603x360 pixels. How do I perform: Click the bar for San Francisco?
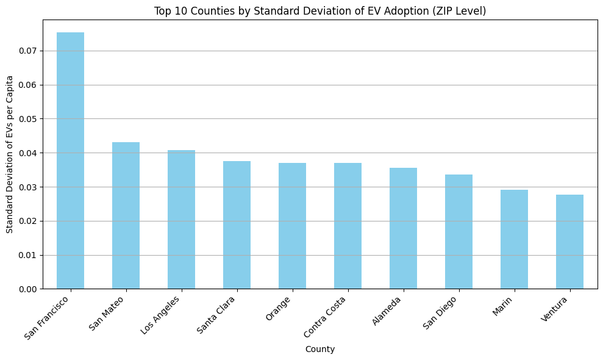pos(70,160)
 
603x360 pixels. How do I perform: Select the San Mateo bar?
pos(126,215)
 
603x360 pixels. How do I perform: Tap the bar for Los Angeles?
pos(181,219)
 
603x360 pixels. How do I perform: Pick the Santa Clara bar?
pos(237,225)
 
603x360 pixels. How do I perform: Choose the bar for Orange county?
pos(292,226)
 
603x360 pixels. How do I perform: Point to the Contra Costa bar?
pos(348,226)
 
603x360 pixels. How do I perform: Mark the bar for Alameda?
pos(403,228)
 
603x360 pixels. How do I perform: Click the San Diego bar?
pos(458,231)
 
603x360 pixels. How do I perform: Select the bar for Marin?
pos(514,239)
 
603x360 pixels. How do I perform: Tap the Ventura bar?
pos(569,242)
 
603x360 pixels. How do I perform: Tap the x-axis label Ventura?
pos(555,309)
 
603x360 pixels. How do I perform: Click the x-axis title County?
pos(320,349)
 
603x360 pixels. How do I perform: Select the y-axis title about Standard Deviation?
pos(10,154)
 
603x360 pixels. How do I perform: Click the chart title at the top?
pos(320,11)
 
